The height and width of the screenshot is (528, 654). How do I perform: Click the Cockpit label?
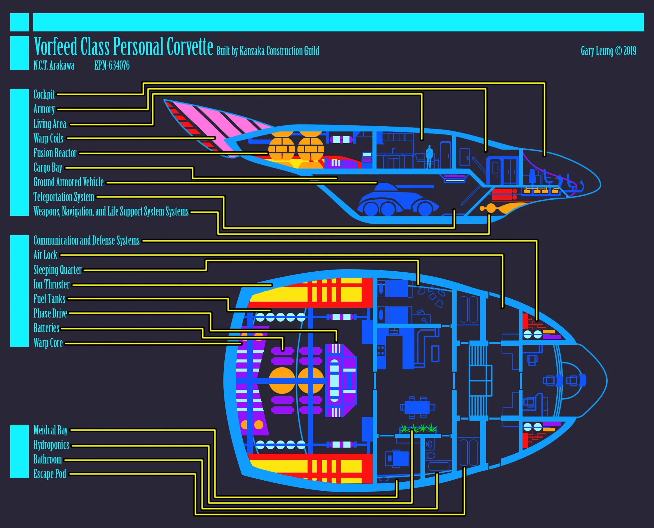click(x=44, y=94)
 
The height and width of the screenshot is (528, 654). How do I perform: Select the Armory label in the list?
click(x=44, y=109)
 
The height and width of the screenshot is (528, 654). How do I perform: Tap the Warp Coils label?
click(x=48, y=138)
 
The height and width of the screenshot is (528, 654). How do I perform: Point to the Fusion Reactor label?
click(x=55, y=153)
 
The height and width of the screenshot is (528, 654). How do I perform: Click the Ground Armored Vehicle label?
click(x=69, y=182)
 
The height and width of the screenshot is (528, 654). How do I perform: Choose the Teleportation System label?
click(x=64, y=197)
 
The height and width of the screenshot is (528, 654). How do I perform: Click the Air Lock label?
click(x=45, y=255)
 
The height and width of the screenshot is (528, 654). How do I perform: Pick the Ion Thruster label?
click(x=51, y=284)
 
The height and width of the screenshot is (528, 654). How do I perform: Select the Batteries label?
click(x=46, y=328)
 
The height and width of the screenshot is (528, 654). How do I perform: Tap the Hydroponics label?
click(x=51, y=445)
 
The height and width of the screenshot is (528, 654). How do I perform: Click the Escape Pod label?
click(x=50, y=474)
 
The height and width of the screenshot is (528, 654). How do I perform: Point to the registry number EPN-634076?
click(x=112, y=65)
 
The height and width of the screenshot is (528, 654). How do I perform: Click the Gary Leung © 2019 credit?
click(x=608, y=51)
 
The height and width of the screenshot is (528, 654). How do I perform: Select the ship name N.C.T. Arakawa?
click(x=54, y=65)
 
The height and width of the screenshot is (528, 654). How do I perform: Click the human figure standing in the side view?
click(x=429, y=157)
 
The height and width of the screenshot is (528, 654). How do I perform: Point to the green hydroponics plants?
click(x=418, y=428)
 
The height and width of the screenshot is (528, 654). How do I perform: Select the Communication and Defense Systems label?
click(x=87, y=240)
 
